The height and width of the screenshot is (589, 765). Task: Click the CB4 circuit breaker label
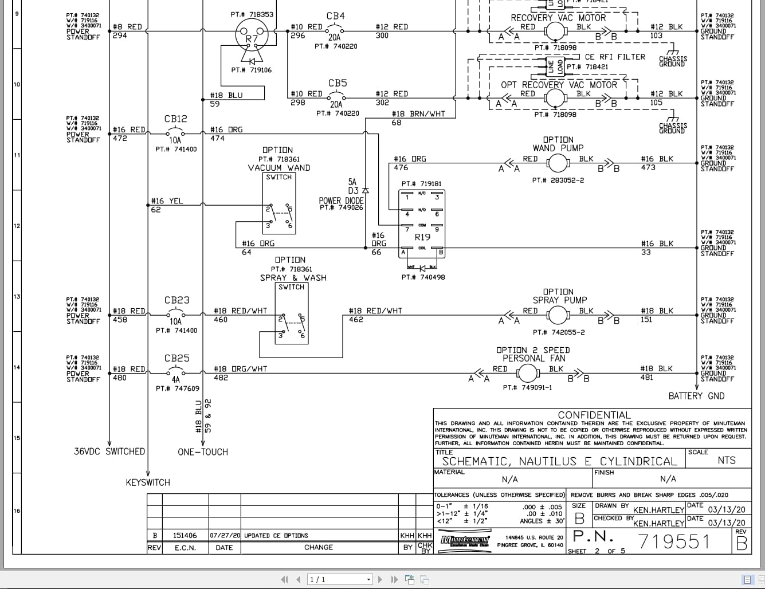pyautogui.click(x=335, y=16)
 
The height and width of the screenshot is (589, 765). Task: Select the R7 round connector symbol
pyautogui.click(x=252, y=37)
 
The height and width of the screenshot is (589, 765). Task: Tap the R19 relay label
pyautogui.click(x=422, y=237)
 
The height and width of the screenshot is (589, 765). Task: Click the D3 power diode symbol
pyautogui.click(x=366, y=190)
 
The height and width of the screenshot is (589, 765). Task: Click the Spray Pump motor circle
pyautogui.click(x=557, y=315)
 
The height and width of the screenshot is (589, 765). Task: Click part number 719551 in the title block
pyautogui.click(x=674, y=541)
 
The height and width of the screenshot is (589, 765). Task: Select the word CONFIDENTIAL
pyautogui.click(x=594, y=415)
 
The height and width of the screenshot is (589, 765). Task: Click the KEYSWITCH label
pyautogui.click(x=148, y=482)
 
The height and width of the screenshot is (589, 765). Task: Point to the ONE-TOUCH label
pyautogui.click(x=203, y=452)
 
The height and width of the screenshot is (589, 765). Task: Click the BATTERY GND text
pyautogui.click(x=696, y=396)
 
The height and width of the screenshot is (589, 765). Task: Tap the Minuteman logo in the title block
pyautogui.click(x=465, y=540)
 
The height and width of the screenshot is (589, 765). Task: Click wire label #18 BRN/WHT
pyautogui.click(x=418, y=114)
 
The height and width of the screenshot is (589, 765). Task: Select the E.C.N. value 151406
pyautogui.click(x=185, y=536)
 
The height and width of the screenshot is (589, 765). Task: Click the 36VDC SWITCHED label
pyautogui.click(x=109, y=451)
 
